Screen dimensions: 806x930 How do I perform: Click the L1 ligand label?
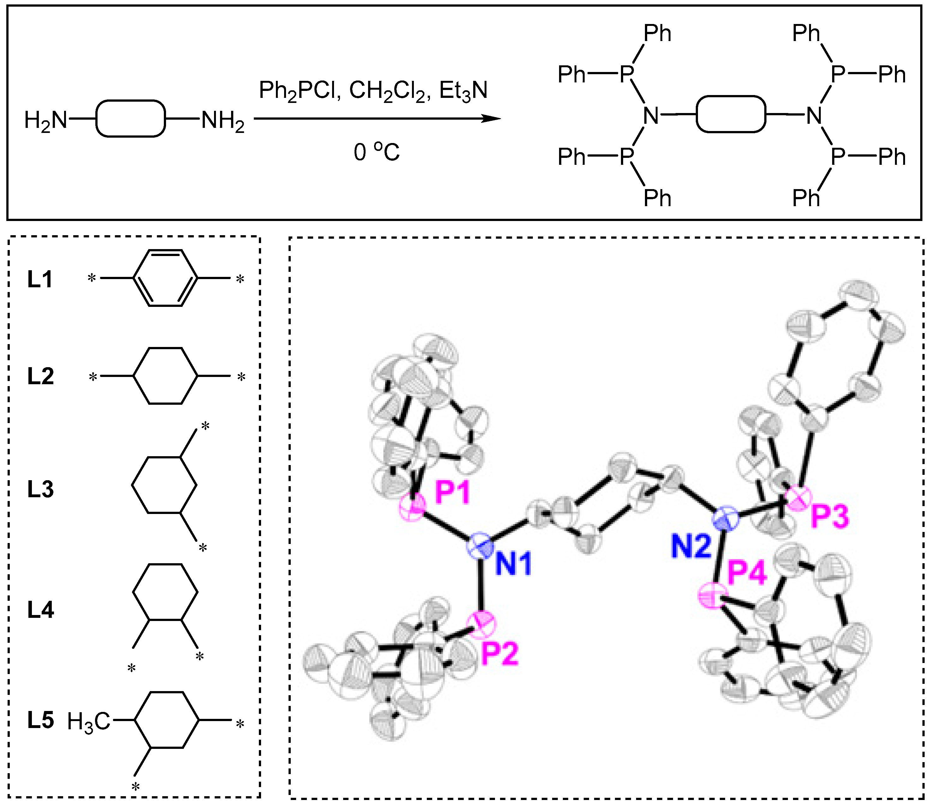[40, 280]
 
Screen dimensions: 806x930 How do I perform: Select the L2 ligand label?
[40, 376]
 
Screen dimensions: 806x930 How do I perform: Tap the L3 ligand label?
[40, 489]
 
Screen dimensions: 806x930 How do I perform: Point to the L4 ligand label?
[40, 610]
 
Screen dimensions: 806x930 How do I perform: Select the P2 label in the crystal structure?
[500, 654]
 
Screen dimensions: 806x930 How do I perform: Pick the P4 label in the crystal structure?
[747, 574]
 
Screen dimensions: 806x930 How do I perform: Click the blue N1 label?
[514, 564]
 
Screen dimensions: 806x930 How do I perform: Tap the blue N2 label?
[692, 547]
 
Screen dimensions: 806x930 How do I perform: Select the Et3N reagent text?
[463, 91]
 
